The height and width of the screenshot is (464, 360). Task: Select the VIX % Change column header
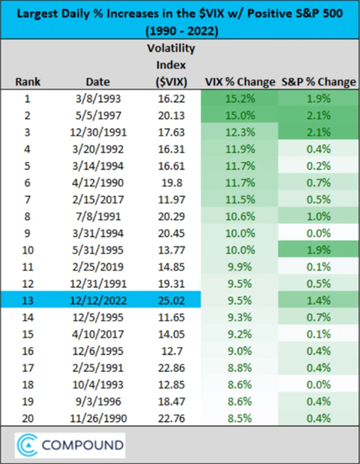[x=240, y=81]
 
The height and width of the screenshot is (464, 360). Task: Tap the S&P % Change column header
[x=318, y=81]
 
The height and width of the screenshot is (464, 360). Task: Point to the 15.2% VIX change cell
[x=240, y=99]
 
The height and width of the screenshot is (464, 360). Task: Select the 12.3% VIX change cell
[x=240, y=132]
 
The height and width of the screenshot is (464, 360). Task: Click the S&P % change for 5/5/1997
[x=318, y=115]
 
